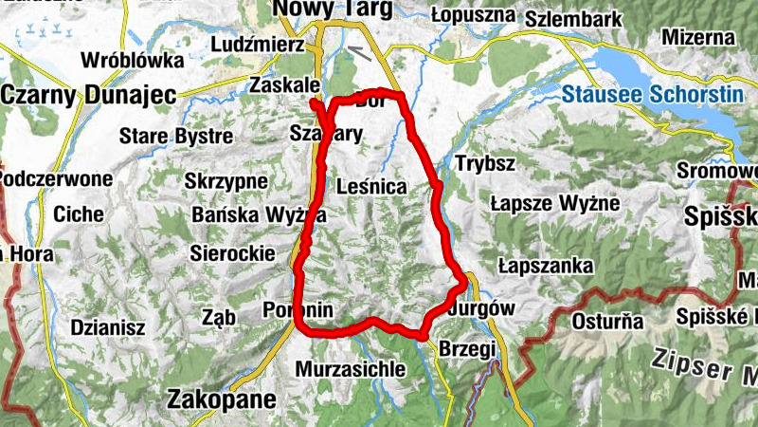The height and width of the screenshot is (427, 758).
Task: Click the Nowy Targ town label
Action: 317,9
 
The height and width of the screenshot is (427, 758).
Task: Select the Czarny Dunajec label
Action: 78,94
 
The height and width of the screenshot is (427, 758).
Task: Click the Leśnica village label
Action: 371,188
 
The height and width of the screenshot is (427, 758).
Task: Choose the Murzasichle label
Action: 351,368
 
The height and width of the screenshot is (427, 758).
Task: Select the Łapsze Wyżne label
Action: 554,203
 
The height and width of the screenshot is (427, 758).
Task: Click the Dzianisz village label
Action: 107,327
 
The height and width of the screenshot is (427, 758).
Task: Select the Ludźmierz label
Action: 259,45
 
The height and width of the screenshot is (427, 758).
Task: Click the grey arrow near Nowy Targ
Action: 358,52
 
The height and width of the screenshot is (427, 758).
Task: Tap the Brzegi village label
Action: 466,349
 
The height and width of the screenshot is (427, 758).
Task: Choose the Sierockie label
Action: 232,253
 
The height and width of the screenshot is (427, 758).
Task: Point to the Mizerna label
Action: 699,37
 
